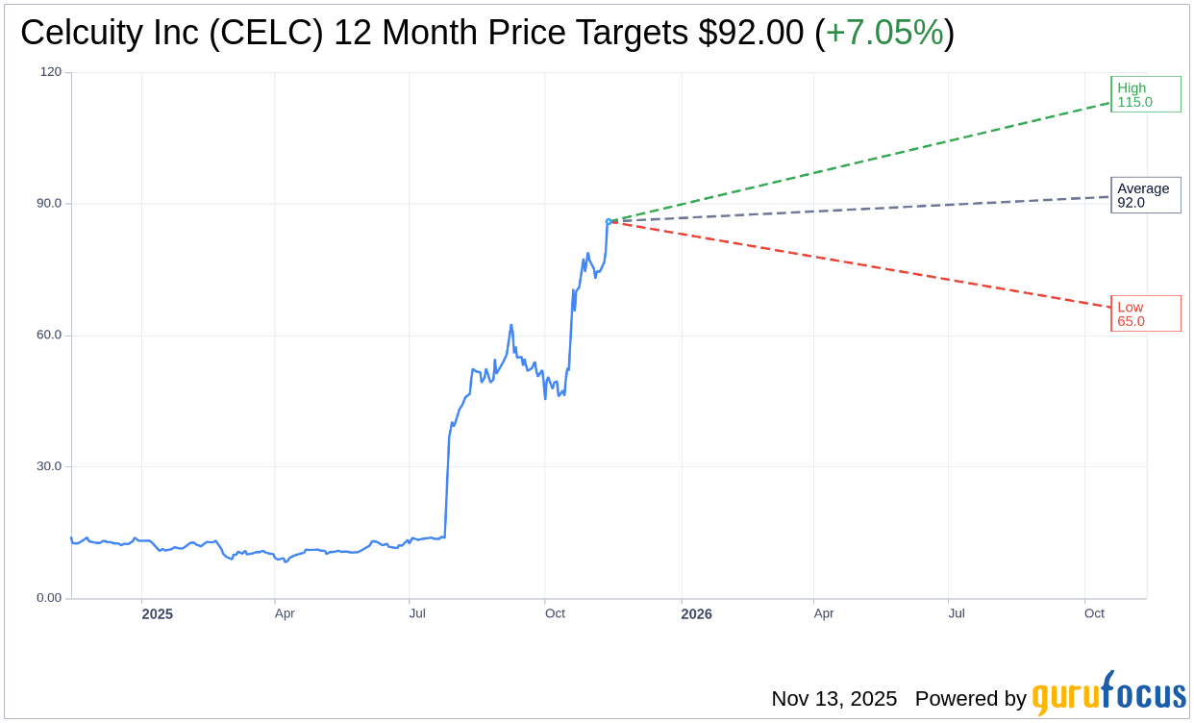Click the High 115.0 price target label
pos(1145,94)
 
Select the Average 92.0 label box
pos(1145,195)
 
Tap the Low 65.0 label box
pos(1145,313)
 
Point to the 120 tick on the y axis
pos(51,72)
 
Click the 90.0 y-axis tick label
pos(49,204)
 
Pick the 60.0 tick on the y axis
pos(49,336)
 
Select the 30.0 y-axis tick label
pos(49,466)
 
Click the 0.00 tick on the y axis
pos(49,598)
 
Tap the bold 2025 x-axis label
pos(158,613)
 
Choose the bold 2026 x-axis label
pos(696,613)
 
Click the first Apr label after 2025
pos(285,613)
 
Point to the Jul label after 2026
pos(957,613)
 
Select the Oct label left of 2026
pos(555,613)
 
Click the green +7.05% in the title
pos(884,33)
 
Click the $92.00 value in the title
pos(751,33)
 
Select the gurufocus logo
pos(1108,694)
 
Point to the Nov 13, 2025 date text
pos(833,699)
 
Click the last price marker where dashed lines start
pos(609,221)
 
